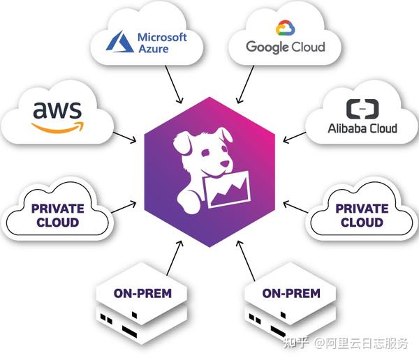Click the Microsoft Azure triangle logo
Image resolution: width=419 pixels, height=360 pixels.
(x=119, y=42)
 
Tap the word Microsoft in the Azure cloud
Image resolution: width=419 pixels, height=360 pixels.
(x=162, y=37)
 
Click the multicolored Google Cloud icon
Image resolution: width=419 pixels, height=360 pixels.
(x=286, y=28)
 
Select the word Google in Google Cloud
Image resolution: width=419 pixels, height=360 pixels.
(x=267, y=47)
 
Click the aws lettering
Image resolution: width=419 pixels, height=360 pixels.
(x=57, y=110)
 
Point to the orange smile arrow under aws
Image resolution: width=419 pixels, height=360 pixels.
(x=58, y=128)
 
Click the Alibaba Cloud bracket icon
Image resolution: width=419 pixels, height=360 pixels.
(x=362, y=109)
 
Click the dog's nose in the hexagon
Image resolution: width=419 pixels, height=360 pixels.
(x=224, y=163)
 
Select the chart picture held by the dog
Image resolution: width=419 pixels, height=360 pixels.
(x=227, y=189)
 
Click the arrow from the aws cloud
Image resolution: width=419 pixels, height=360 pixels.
(x=125, y=137)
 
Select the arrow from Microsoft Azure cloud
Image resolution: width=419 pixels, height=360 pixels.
(x=174, y=84)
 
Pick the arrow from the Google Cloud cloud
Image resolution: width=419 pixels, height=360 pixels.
(x=245, y=84)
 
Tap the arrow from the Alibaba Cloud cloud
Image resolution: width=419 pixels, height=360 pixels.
(x=294, y=137)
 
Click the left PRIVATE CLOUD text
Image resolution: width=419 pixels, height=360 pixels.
(x=58, y=216)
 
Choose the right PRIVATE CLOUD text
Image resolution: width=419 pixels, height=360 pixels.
(x=362, y=216)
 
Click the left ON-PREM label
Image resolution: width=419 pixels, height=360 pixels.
(x=142, y=293)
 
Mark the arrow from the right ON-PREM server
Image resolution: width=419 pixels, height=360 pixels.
(x=246, y=260)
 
